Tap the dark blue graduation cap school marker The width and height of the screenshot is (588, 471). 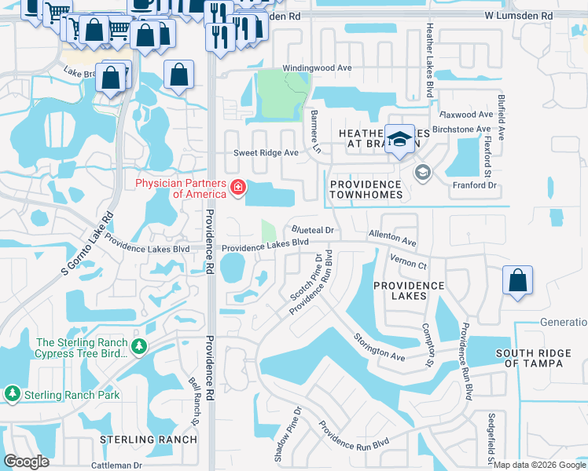click(x=400, y=138)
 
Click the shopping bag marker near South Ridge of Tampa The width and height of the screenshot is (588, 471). click(x=518, y=281)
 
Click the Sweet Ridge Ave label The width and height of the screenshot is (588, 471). click(x=266, y=153)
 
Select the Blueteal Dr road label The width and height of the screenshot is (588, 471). click(x=314, y=231)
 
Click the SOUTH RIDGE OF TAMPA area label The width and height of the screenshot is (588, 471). click(x=541, y=358)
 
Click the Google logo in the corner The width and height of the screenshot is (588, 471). click(x=28, y=462)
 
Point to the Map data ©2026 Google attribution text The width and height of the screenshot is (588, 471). click(x=538, y=465)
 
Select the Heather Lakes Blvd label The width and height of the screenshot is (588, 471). click(x=430, y=71)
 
